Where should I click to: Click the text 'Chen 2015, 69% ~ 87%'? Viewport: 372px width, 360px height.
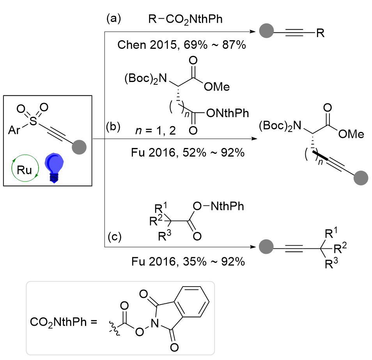point(181,45)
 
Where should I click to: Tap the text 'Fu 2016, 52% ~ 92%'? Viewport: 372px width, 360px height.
point(187,153)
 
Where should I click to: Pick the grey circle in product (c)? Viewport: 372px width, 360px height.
point(266,247)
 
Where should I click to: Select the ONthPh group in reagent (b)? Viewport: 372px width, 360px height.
point(228,113)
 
